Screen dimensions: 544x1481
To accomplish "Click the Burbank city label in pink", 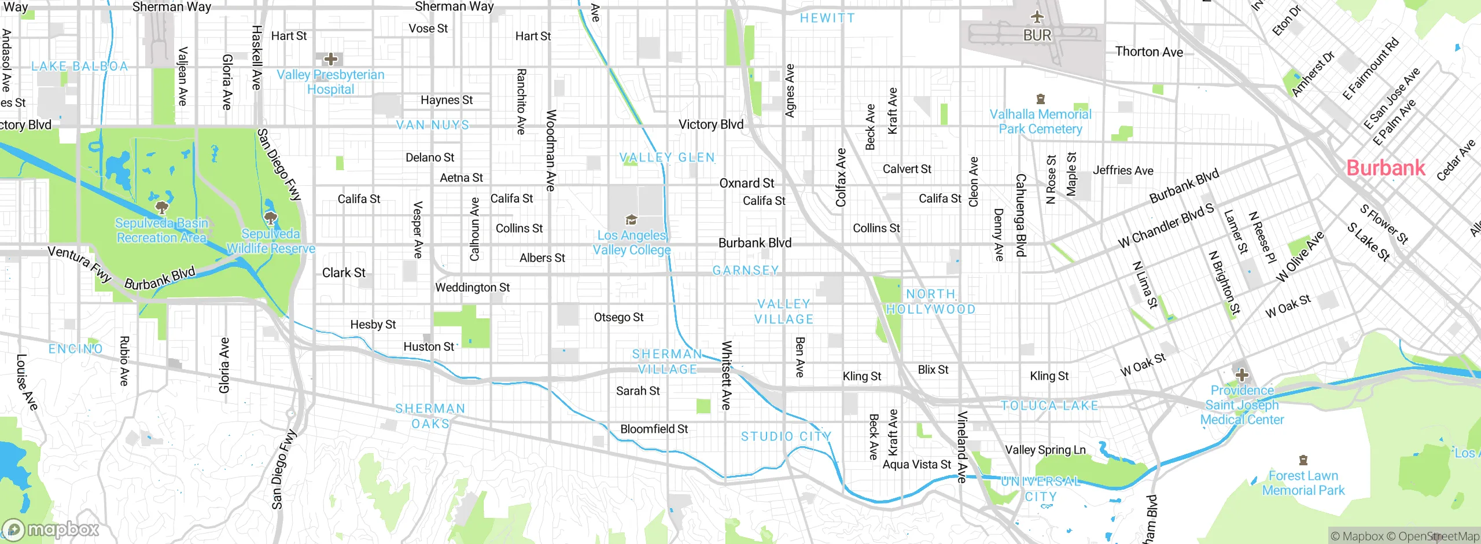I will click(1385, 168).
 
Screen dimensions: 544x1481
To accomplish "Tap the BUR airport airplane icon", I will click(1037, 17).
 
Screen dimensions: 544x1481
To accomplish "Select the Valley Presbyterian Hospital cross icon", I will click(330, 58).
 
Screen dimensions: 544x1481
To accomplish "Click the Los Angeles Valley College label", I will click(632, 242).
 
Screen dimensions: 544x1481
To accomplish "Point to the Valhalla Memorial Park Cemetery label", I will click(1040, 122).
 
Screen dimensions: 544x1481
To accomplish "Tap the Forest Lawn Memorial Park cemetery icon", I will click(1303, 460).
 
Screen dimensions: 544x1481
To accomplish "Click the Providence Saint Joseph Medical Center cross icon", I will click(1241, 374).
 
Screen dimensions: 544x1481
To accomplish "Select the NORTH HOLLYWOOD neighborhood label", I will click(931, 302).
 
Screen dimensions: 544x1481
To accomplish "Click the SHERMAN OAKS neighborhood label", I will click(430, 416).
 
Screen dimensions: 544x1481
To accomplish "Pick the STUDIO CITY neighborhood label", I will click(786, 436).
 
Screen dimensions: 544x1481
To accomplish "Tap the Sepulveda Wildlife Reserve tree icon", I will click(270, 218).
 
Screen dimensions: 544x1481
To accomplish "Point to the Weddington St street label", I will click(472, 287).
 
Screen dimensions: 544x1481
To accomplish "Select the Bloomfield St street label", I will click(654, 429).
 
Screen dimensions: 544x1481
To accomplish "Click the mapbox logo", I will click(51, 529).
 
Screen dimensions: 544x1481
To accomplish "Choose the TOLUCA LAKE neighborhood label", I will click(1049, 405).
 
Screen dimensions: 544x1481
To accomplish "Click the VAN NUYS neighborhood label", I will click(433, 125).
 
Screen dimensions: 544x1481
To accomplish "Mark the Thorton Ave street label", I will click(1149, 52).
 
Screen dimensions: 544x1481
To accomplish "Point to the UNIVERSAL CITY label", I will click(1040, 489).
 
